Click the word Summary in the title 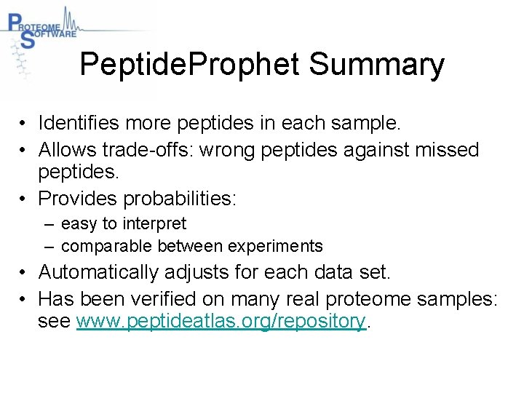[376, 65]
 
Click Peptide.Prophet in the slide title [189, 65]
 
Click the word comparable [108, 246]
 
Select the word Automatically [101, 272]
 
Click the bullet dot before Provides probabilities [24, 198]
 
